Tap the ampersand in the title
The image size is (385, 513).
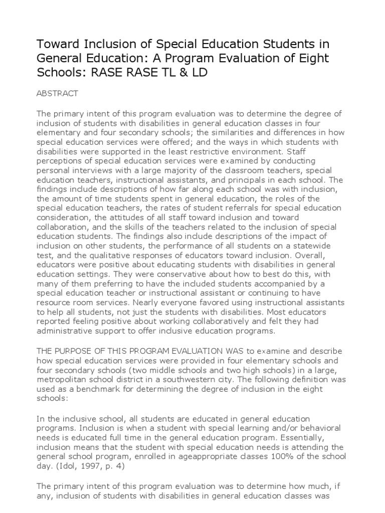181,73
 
